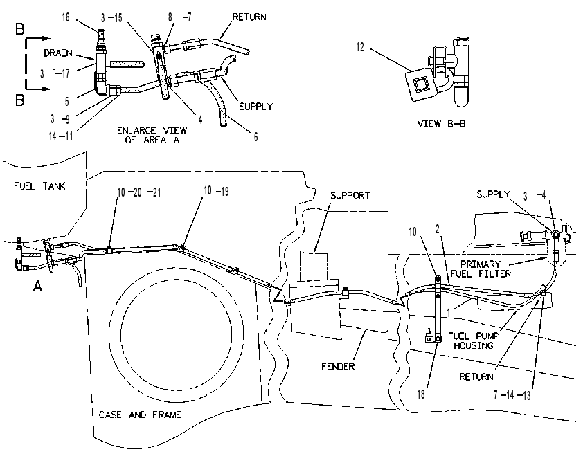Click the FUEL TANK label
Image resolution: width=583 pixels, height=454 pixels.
(39, 185)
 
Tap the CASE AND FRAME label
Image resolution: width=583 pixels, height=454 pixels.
(140, 415)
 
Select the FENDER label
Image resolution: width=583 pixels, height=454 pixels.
(338, 366)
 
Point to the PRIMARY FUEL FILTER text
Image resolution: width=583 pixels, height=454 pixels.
(481, 269)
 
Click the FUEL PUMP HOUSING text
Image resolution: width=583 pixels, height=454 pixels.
(474, 340)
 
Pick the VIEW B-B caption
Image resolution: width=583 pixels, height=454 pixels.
(441, 124)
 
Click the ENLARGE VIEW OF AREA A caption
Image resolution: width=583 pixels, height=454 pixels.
(152, 135)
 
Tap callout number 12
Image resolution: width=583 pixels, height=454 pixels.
(360, 47)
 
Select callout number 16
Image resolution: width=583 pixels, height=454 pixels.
(66, 17)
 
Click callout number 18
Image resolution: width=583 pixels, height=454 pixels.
(421, 394)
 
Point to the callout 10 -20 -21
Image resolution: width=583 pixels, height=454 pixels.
(138, 192)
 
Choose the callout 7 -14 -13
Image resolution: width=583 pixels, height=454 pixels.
(512, 395)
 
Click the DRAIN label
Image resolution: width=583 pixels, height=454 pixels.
(58, 53)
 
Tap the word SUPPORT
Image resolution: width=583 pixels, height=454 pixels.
(350, 195)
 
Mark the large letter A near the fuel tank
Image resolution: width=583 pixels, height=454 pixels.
(37, 286)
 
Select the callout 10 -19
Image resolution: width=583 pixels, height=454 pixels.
(216, 191)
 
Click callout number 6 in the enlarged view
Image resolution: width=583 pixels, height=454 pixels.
(255, 137)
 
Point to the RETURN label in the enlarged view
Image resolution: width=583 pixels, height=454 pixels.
(249, 17)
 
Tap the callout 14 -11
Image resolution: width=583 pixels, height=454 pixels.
(61, 136)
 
